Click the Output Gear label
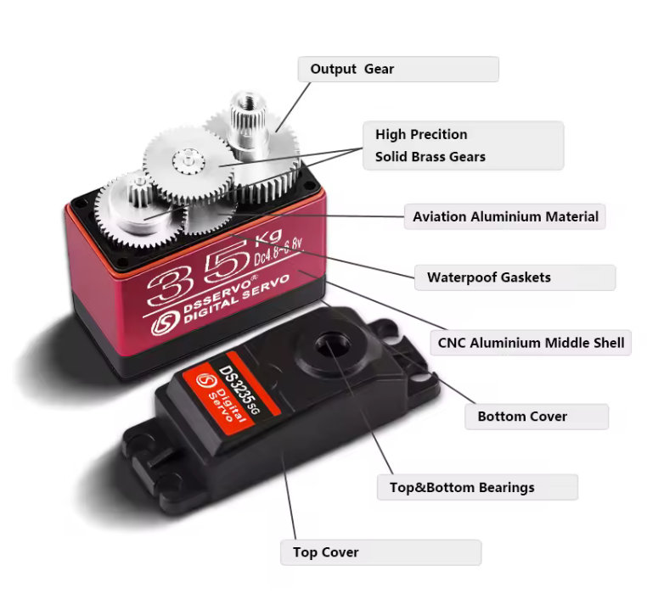pos(352,69)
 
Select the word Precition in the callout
pos(439,134)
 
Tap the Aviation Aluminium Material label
pos(505,216)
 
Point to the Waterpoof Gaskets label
pos(489,277)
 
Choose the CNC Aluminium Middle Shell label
pos(531,343)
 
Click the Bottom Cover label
pos(522,417)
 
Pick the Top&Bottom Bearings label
pos(462,487)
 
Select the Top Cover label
pos(325,552)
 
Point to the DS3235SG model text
pos(239,389)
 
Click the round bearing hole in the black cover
pos(333,344)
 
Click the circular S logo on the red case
pos(166,322)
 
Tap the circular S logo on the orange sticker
pos(205,380)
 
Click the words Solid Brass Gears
pos(430,157)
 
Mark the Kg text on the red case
pos(268,237)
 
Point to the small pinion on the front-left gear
pos(140,191)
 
